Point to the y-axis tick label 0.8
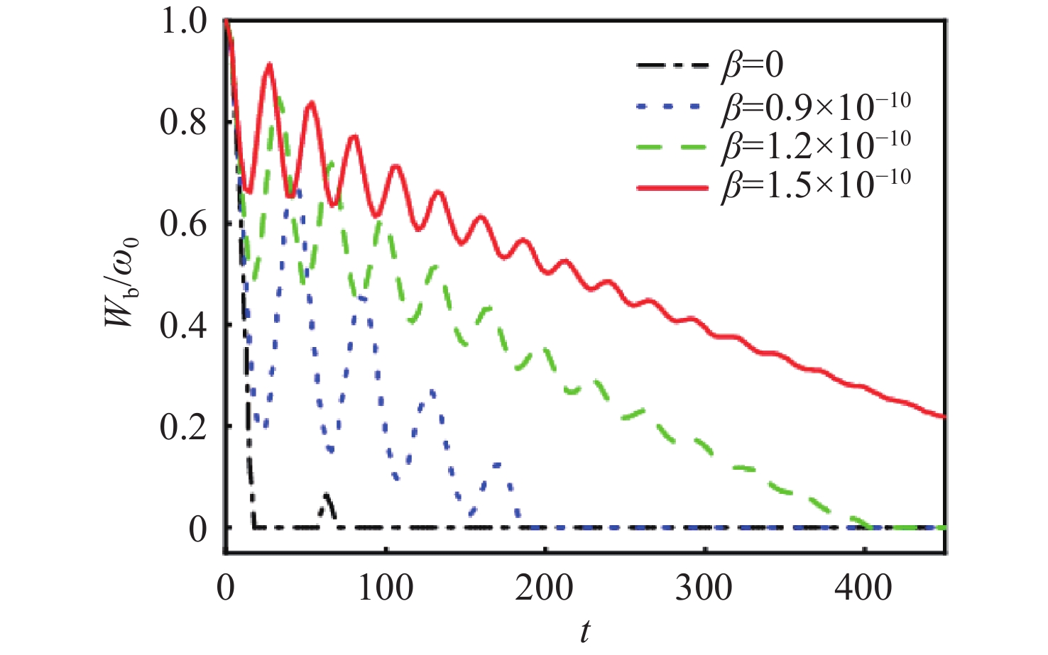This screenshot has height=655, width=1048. point(184,123)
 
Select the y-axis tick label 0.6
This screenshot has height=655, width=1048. point(184,224)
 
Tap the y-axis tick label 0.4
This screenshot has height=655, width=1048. point(184,326)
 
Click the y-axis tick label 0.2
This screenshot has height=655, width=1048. point(184,427)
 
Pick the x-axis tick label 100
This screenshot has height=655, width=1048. point(386,588)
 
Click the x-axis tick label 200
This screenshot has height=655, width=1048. point(545,588)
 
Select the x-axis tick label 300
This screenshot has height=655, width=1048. point(705,588)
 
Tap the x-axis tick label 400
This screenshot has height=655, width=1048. point(865,588)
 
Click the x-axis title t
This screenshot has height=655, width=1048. point(584,631)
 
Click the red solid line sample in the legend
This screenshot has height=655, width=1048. point(673,187)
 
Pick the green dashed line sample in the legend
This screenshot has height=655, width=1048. point(673,148)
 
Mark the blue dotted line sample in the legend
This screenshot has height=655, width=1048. point(673,108)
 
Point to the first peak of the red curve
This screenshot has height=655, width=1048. point(269,65)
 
